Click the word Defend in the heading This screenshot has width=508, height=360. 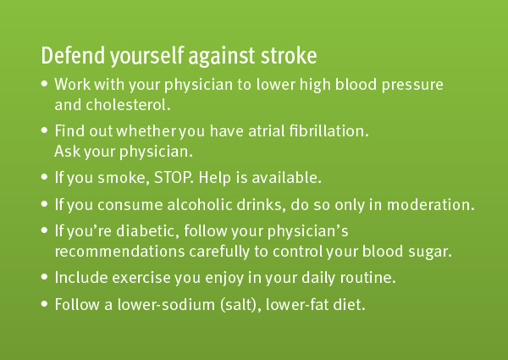tap(73, 55)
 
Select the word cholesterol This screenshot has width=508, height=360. tap(128, 105)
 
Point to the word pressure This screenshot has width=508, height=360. tap(412, 86)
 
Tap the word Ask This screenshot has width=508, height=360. tap(68, 151)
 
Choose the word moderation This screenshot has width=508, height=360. tap(431, 205)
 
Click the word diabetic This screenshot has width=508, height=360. tap(147, 231)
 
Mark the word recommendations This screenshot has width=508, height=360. tap(119, 252)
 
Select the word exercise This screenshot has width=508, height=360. tap(141, 278)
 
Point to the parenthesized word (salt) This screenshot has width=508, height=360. tap(240, 305)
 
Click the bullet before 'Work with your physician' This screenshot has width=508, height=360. tap(44, 84)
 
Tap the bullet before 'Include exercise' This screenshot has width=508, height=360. tap(44, 277)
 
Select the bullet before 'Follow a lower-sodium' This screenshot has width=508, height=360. tap(44, 304)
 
